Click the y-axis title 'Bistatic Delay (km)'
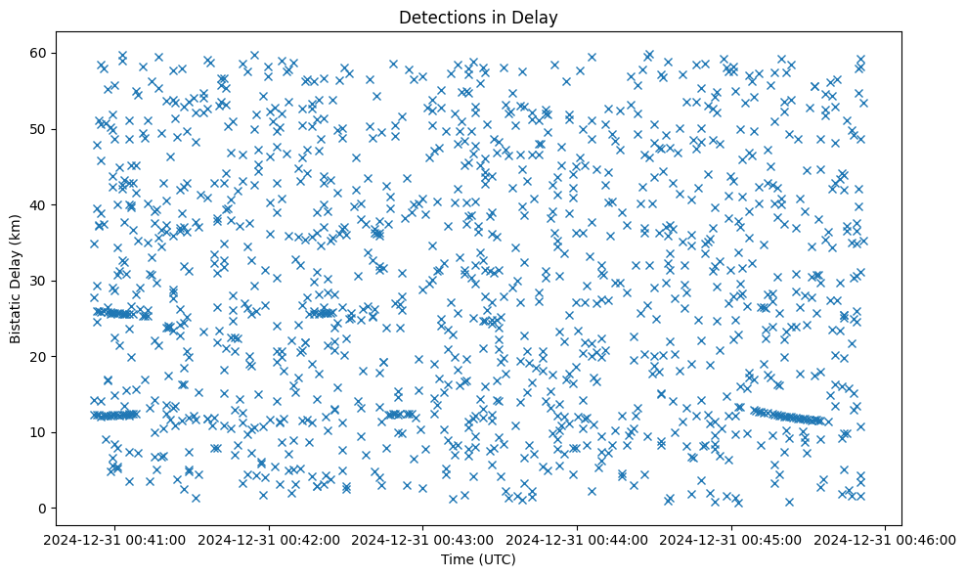point(16,279)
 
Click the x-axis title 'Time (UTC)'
point(478,559)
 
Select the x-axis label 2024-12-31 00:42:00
point(270,540)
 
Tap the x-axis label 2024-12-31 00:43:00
point(423,540)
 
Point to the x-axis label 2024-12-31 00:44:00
point(578,540)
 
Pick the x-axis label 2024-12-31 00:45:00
point(731,540)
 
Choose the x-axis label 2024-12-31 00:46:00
point(886,540)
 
